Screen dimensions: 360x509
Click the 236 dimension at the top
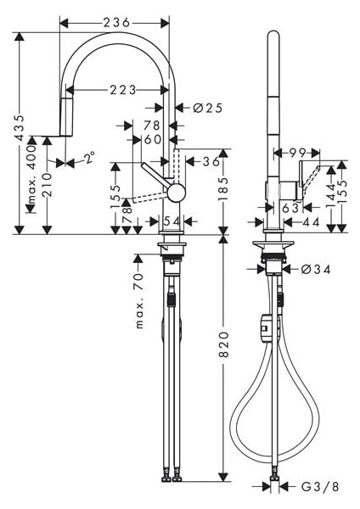tap(116, 23)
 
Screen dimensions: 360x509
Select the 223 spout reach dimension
tap(123, 90)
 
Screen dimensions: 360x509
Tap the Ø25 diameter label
tap(208, 108)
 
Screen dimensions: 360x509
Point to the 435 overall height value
tap(20, 127)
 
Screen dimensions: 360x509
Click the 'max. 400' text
tap(31, 175)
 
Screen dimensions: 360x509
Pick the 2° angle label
tap(89, 158)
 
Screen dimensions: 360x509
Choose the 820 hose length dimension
tap(224, 344)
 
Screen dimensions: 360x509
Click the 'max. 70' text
tap(139, 301)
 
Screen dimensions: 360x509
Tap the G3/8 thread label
tap(320, 487)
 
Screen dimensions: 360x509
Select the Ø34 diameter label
tap(316, 269)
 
